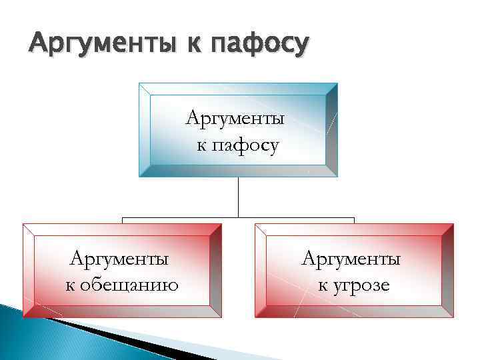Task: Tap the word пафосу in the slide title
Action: [x=259, y=45]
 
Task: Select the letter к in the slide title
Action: [x=197, y=45]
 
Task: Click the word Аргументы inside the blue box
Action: [x=235, y=119]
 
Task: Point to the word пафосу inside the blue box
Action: [x=245, y=144]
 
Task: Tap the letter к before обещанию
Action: [x=69, y=287]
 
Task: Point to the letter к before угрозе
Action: [x=321, y=287]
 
